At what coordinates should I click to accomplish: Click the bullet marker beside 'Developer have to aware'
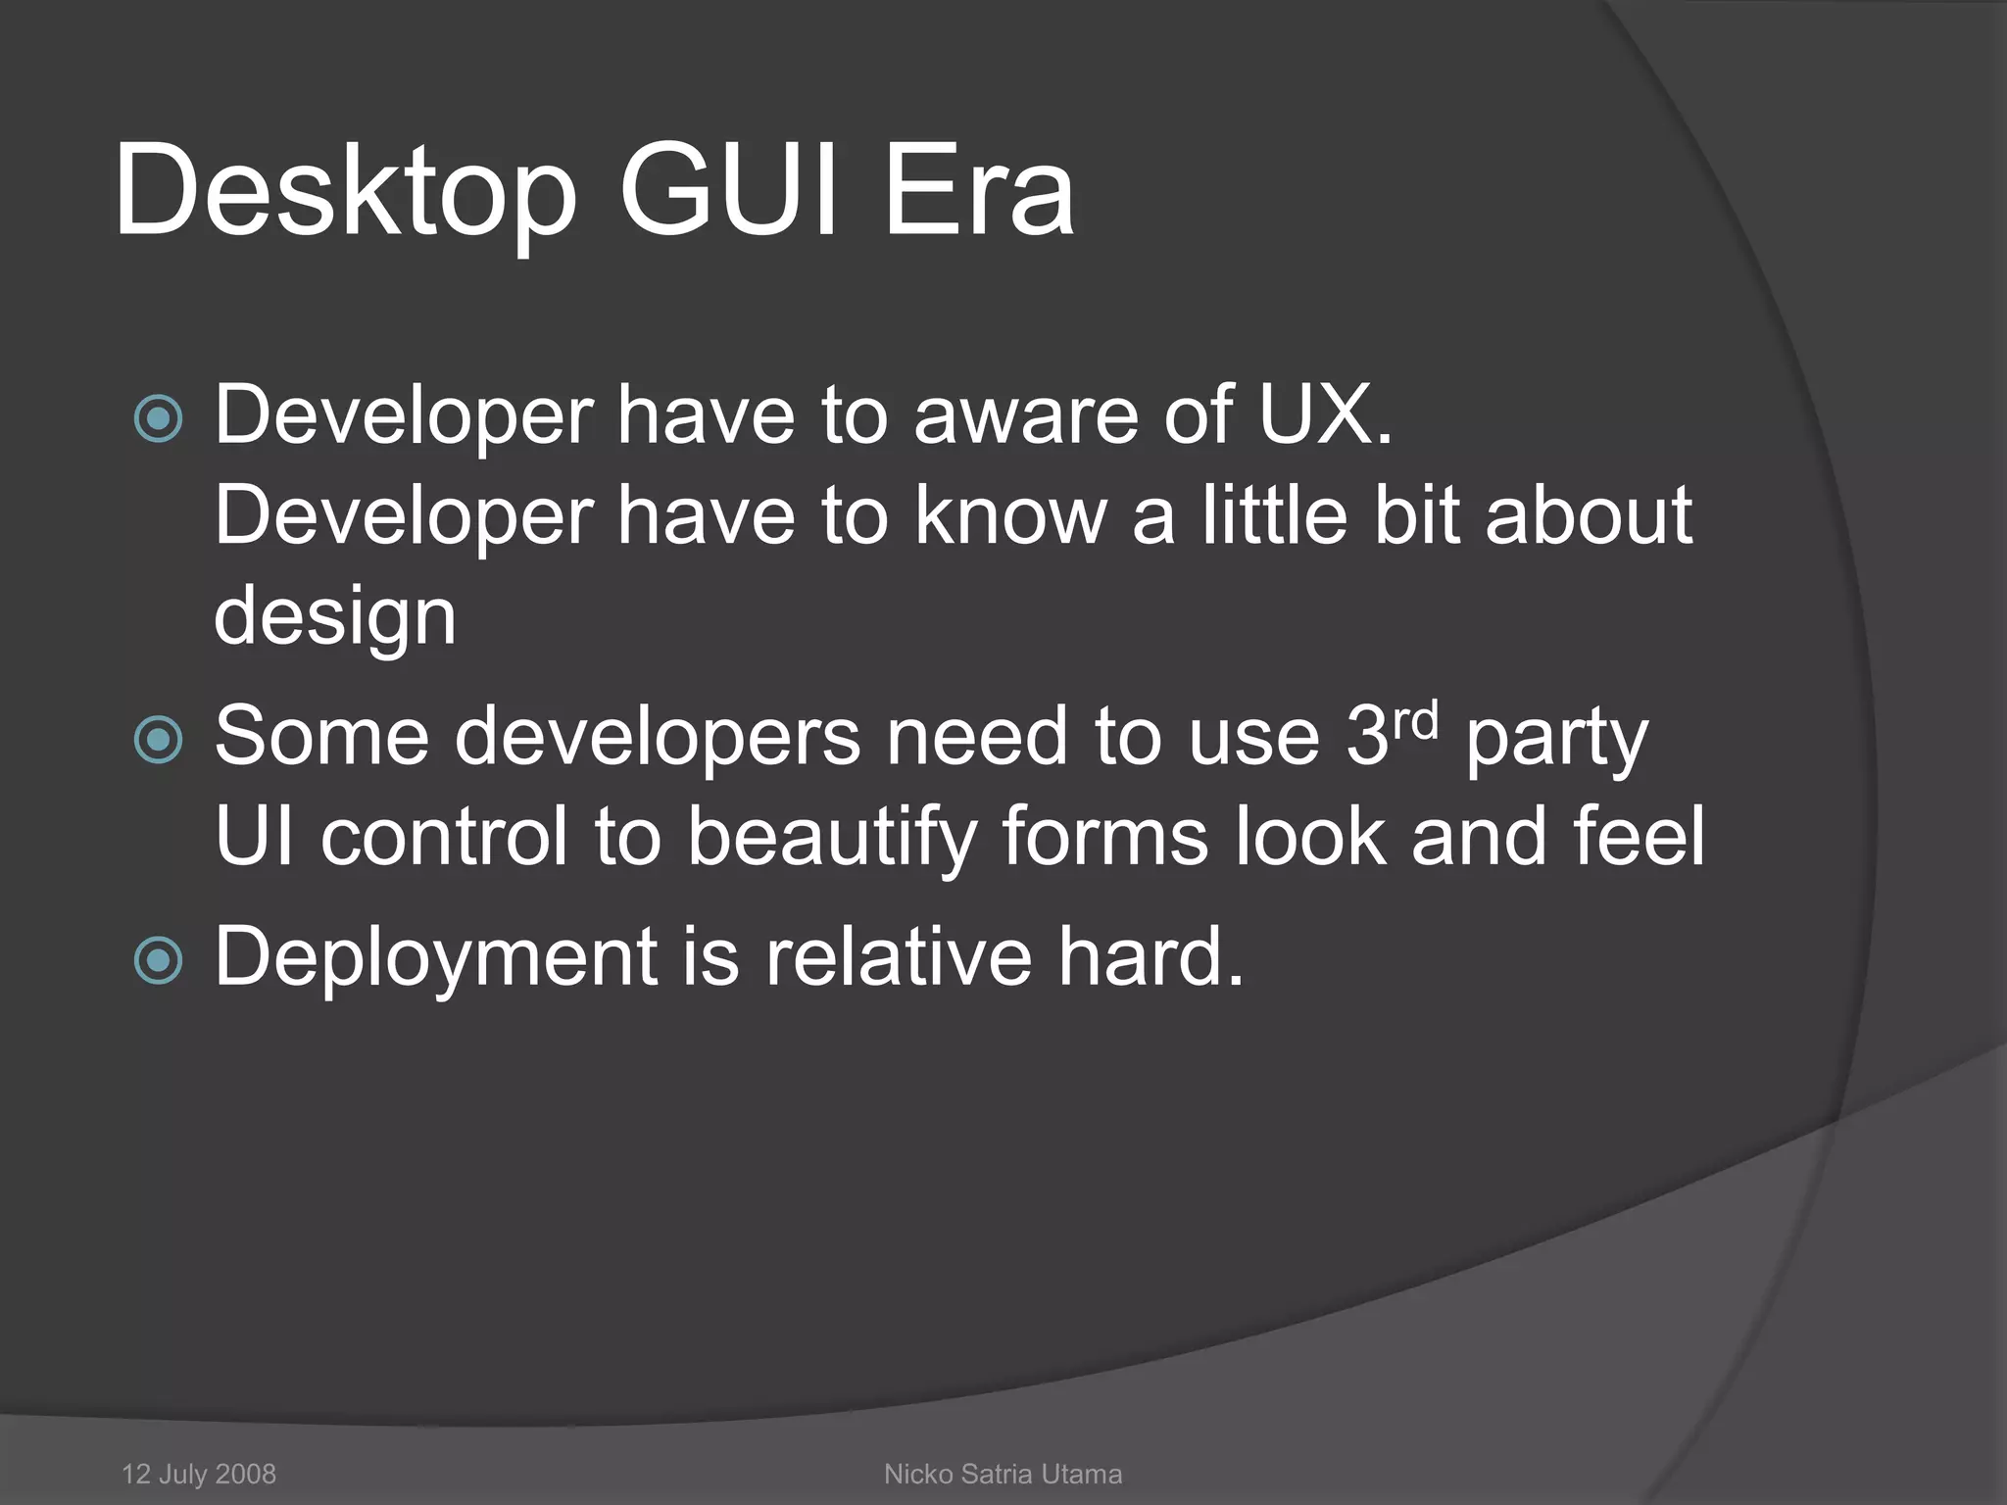click(x=158, y=419)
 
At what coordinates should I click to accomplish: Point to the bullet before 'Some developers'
click(x=158, y=740)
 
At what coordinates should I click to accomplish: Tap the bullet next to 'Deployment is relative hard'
click(x=158, y=960)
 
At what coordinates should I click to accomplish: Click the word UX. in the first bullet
click(x=1325, y=415)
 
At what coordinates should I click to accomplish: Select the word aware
click(x=1025, y=415)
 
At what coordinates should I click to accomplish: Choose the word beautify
click(x=831, y=839)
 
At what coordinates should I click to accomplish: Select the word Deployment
click(x=436, y=958)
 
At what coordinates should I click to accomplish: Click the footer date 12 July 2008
click(x=199, y=1474)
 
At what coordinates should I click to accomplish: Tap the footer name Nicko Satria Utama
click(x=1003, y=1474)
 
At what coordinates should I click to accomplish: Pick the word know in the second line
click(x=1010, y=515)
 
